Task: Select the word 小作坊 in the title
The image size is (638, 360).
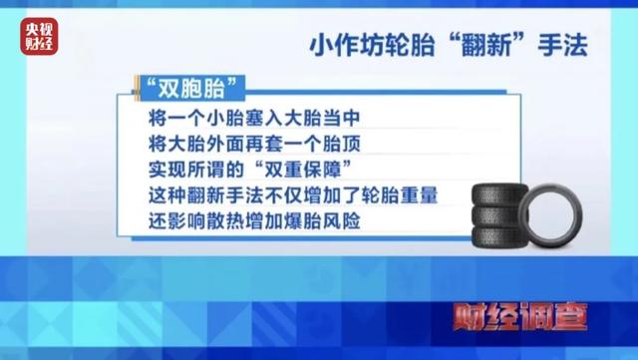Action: [336, 46]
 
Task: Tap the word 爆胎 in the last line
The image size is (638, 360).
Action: [310, 216]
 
